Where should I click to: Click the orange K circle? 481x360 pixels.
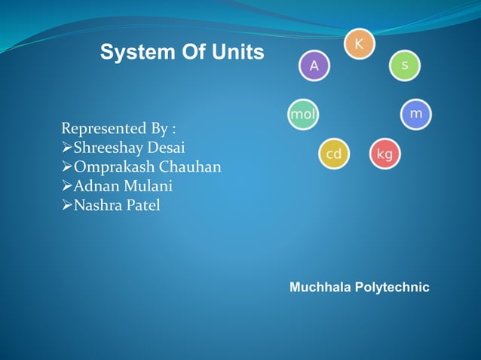click(359, 44)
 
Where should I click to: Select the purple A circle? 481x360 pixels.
click(314, 66)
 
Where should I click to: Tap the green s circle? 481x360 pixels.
click(405, 66)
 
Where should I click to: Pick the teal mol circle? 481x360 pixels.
click(303, 114)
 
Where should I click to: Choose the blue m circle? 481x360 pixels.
click(415, 114)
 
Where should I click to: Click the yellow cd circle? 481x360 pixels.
click(333, 154)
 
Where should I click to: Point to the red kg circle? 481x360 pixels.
click(384, 154)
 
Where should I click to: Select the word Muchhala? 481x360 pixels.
click(319, 288)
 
